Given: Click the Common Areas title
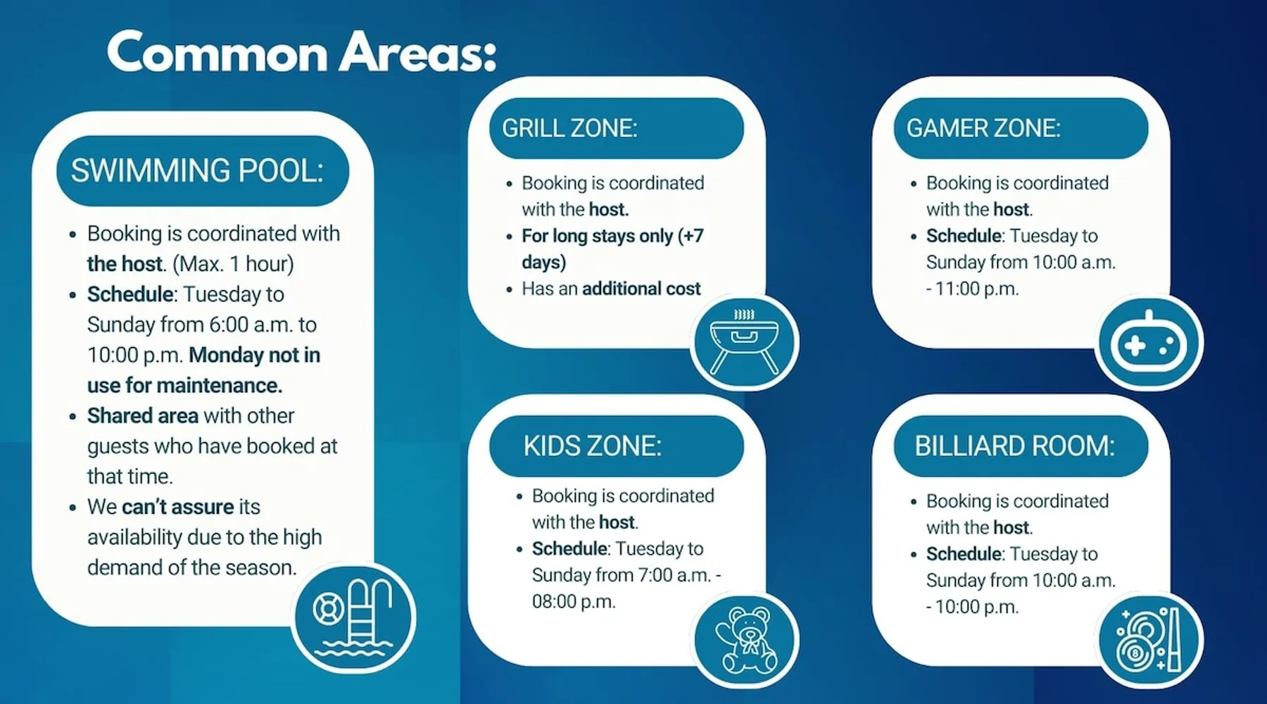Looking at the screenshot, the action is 302,52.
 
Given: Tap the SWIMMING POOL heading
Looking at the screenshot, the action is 197,171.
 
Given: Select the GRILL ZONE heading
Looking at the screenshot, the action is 569,128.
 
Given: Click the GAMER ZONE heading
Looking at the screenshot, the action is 983,128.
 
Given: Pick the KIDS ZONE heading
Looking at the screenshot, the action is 592,446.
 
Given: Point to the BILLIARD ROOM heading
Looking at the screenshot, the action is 1014,446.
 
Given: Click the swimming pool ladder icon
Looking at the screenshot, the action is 354,617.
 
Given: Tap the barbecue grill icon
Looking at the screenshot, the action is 745,341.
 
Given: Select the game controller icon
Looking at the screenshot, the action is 1149,343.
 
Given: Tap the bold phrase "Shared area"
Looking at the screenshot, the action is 143,416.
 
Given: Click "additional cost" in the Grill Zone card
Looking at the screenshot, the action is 641,289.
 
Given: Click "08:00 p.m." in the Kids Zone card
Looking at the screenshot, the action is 574,602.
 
